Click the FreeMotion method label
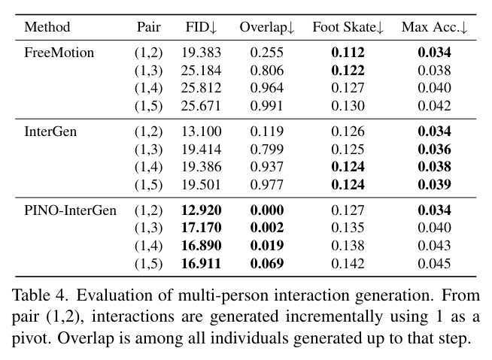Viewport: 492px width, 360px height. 59,53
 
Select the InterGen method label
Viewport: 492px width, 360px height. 50,131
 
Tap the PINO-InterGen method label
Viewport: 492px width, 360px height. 70,210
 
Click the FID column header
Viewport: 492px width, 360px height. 201,27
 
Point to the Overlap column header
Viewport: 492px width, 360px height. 267,27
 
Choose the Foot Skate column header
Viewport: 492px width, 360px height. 348,27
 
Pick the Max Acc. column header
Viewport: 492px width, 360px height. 435,27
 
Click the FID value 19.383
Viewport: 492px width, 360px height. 201,53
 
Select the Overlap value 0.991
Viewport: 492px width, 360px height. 267,106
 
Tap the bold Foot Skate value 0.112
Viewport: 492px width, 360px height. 348,53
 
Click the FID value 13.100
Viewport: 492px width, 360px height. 201,131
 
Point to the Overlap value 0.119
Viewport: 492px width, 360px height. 267,131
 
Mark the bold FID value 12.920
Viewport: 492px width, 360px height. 201,210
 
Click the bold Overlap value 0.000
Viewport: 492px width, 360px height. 267,210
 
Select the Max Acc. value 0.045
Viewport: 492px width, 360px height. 435,263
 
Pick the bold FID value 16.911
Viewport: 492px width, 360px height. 201,263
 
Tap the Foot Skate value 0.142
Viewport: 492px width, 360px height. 348,263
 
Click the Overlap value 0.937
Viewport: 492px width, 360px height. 267,167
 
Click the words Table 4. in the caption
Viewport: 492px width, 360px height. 40,295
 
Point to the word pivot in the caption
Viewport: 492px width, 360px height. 30,338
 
